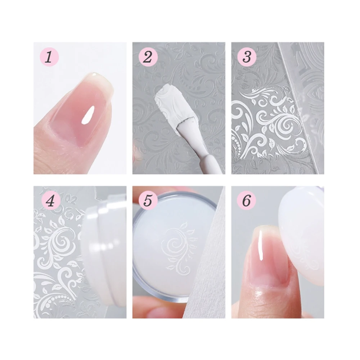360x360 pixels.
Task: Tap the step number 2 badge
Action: click(x=148, y=57)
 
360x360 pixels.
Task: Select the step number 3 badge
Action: click(x=247, y=57)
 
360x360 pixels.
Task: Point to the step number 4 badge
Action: click(x=49, y=201)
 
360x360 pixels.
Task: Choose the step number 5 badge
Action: click(x=148, y=201)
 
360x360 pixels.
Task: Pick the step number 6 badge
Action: click(x=247, y=201)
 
